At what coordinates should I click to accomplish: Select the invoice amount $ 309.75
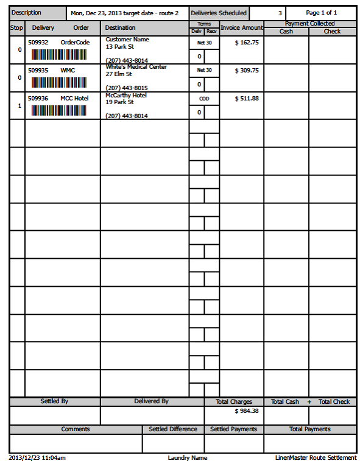click(247, 71)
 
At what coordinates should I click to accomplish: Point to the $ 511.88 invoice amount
click(247, 99)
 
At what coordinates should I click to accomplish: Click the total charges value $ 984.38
click(247, 411)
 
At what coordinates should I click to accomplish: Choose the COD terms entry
click(204, 99)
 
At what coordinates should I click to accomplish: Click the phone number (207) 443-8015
click(127, 88)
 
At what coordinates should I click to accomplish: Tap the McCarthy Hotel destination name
click(126, 96)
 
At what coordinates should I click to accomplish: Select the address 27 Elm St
click(119, 74)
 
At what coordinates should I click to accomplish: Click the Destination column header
click(121, 28)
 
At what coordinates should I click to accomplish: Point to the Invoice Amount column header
click(242, 28)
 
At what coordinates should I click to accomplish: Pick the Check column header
click(332, 31)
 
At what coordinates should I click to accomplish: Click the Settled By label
click(54, 402)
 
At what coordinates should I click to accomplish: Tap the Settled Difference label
click(173, 429)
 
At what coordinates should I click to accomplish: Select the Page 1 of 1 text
click(321, 13)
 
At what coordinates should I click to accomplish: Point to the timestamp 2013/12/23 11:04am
click(38, 457)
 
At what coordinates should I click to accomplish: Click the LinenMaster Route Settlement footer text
click(315, 457)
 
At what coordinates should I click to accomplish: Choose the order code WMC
click(68, 71)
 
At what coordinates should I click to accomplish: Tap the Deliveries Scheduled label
click(219, 13)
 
